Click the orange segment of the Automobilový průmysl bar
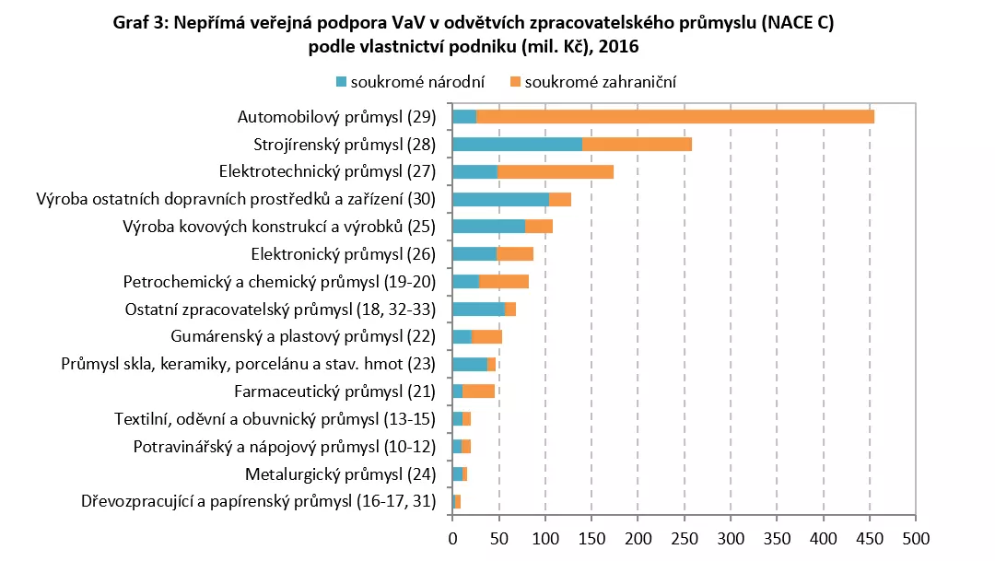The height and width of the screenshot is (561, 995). (x=674, y=116)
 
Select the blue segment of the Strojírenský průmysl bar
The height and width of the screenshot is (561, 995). (x=517, y=144)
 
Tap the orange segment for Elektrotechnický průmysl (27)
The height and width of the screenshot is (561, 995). (x=556, y=171)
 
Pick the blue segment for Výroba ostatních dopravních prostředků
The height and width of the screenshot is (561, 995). (x=500, y=199)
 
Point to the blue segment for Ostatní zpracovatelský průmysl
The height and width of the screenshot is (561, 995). (x=478, y=309)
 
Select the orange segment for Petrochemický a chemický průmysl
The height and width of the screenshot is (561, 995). (x=504, y=281)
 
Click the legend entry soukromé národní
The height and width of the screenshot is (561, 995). (x=411, y=82)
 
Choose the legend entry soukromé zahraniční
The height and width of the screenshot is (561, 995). (x=600, y=82)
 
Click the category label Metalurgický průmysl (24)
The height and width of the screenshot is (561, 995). (x=340, y=474)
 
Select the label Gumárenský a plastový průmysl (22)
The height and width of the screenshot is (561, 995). (x=303, y=336)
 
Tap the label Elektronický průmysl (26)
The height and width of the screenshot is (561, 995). (x=343, y=253)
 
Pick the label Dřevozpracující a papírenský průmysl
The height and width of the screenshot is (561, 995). (x=258, y=502)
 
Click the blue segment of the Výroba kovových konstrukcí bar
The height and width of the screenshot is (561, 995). (x=488, y=226)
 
